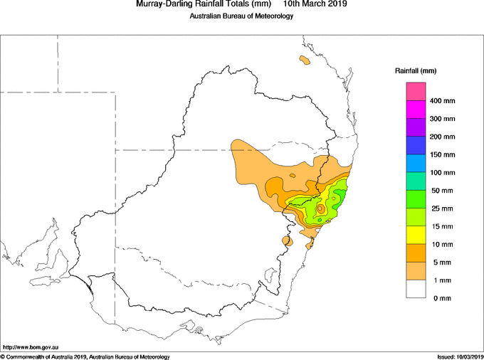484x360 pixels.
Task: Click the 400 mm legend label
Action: click(x=442, y=101)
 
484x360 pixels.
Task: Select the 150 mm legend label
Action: click(x=442, y=154)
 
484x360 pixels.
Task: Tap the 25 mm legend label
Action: click(x=442, y=208)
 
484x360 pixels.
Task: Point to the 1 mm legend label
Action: click(x=442, y=280)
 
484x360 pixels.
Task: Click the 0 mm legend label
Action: click(x=442, y=298)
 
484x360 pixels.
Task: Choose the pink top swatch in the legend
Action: click(x=416, y=91)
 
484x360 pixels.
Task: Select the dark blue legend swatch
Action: click(x=416, y=145)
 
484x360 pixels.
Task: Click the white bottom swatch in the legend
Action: click(x=416, y=289)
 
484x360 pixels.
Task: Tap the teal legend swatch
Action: click(x=416, y=181)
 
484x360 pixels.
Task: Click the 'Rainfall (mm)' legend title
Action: click(x=416, y=71)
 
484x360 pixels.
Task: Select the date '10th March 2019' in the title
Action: click(x=315, y=4)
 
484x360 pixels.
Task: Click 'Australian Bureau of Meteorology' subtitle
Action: click(x=241, y=16)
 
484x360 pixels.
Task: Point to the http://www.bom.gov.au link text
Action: click(x=31, y=347)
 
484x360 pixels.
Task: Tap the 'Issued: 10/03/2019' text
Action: click(x=460, y=357)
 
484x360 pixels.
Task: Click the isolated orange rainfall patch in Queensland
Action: click(x=305, y=60)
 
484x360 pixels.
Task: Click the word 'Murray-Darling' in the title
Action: click(x=159, y=4)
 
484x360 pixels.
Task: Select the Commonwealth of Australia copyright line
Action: click(x=85, y=357)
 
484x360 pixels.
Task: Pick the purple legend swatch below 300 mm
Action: click(x=416, y=127)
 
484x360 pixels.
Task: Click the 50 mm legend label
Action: click(x=442, y=191)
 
